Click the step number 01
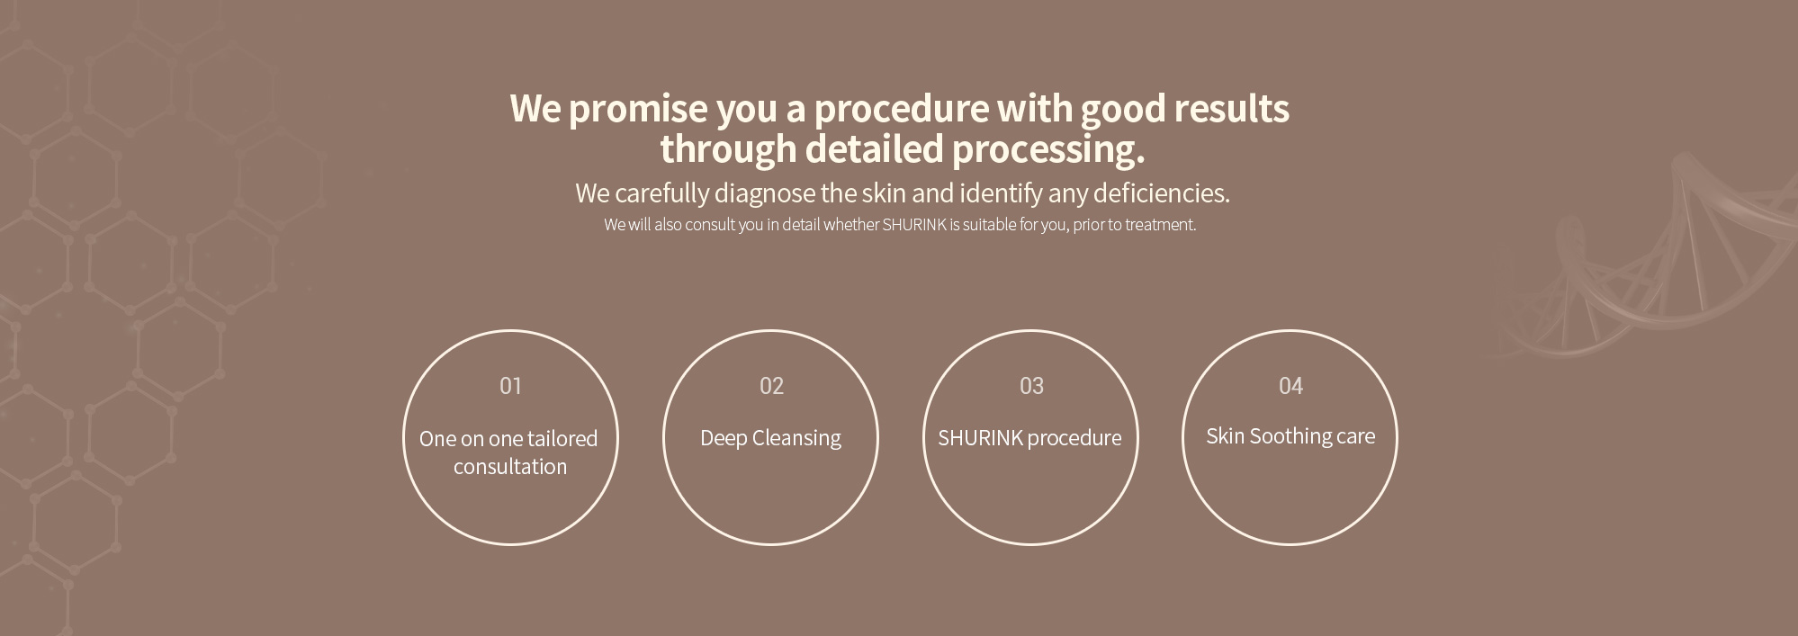pyautogui.click(x=510, y=386)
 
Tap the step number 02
pyautogui.click(x=771, y=386)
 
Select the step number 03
pyautogui.click(x=1031, y=386)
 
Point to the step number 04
pyautogui.click(x=1290, y=386)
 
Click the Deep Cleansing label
pyautogui.click(x=770, y=438)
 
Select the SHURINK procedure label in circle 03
pyautogui.click(x=1029, y=438)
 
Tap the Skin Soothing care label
pyautogui.click(x=1290, y=436)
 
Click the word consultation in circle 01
pyautogui.click(x=510, y=466)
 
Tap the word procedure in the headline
pyautogui.click(x=900, y=109)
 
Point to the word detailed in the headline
pyautogui.click(x=874, y=148)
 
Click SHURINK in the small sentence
pyautogui.click(x=914, y=225)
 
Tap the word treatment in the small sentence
pyautogui.click(x=1160, y=225)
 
